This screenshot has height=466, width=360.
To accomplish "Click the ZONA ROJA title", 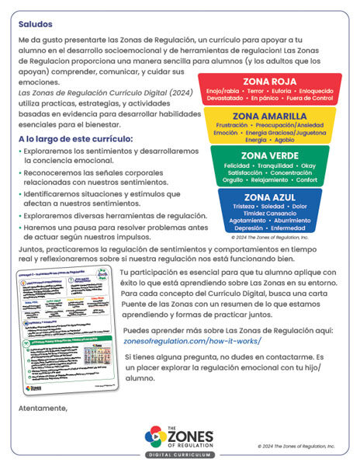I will (x=269, y=81).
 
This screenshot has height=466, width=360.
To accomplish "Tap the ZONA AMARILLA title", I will (x=269, y=115).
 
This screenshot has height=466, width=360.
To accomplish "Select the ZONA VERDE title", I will (x=269, y=155).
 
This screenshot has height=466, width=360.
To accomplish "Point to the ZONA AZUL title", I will (x=269, y=197).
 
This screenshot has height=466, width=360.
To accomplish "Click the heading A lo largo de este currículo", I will (x=75, y=139).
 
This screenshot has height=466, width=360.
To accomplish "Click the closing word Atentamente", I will (x=43, y=407).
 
